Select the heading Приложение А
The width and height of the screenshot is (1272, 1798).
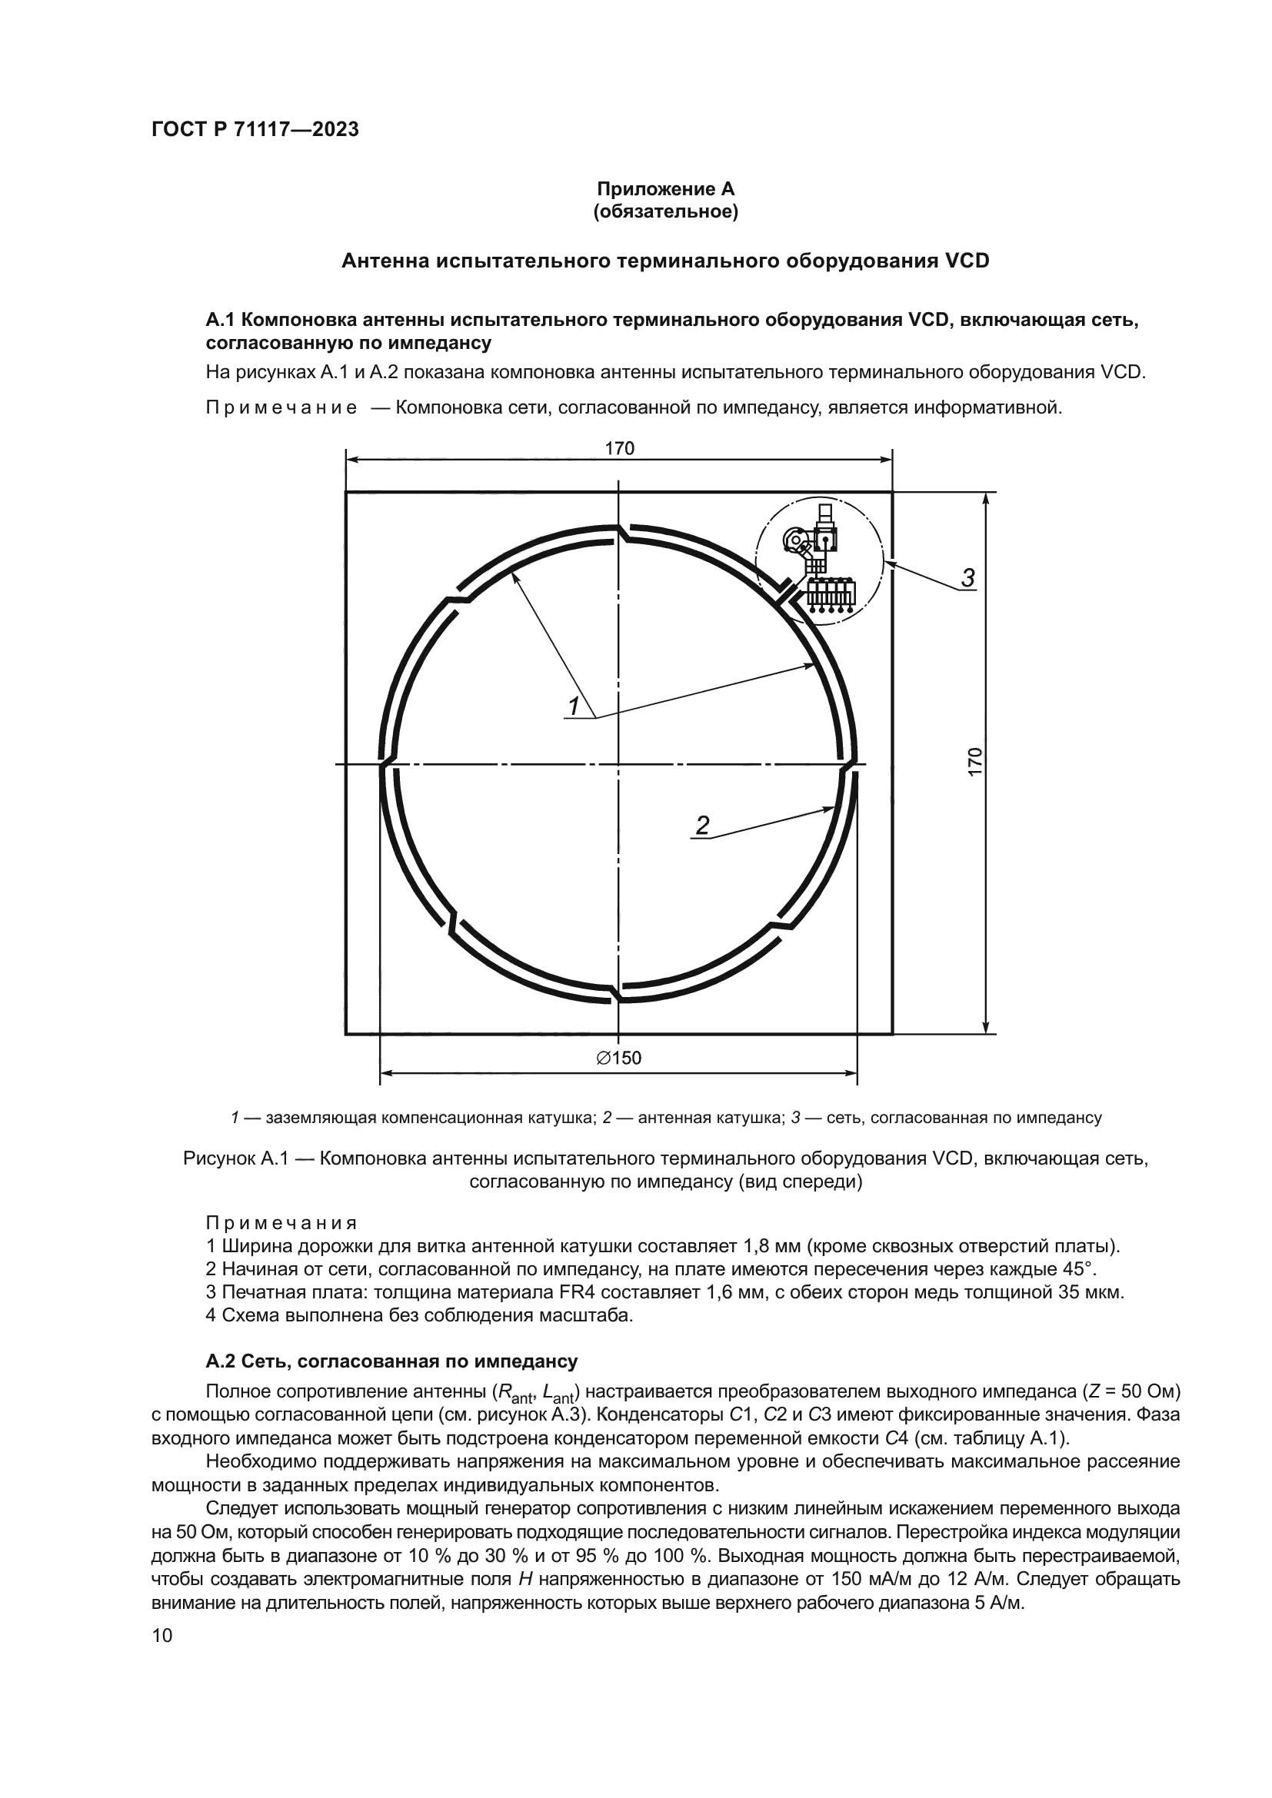click(666, 190)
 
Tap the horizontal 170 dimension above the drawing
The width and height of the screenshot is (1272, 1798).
click(620, 449)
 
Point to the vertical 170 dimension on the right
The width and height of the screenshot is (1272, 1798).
click(974, 762)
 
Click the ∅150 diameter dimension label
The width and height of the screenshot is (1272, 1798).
click(619, 1059)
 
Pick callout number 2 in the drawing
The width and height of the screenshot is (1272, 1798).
click(703, 826)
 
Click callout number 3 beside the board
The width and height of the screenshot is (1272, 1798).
click(968, 579)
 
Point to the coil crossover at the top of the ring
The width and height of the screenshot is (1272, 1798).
click(622, 533)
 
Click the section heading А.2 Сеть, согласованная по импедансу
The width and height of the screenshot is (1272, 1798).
click(391, 1361)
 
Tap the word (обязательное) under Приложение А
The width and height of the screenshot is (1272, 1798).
click(666, 212)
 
